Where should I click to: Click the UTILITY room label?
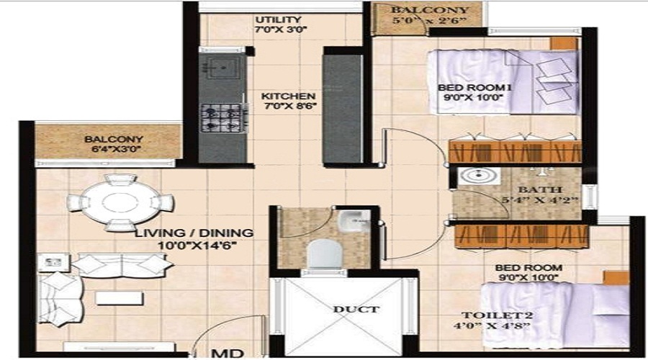[x=278, y=19]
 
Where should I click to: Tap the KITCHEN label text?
[x=289, y=96]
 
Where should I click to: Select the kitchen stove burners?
[x=222, y=118]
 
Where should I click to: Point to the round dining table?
[x=121, y=202]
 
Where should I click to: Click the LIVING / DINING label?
[x=194, y=233]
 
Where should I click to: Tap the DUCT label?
[x=356, y=309]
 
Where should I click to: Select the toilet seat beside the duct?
[x=325, y=253]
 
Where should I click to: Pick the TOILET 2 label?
[x=497, y=315]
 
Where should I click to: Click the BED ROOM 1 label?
[x=474, y=88]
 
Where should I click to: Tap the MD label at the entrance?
[x=228, y=354]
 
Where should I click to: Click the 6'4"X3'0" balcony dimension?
[x=117, y=149]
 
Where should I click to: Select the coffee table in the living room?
[x=119, y=298]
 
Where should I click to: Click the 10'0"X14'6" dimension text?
[x=197, y=246]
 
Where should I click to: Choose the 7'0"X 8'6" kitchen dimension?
[x=290, y=107]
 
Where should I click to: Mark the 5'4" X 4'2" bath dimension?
[x=540, y=200]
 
